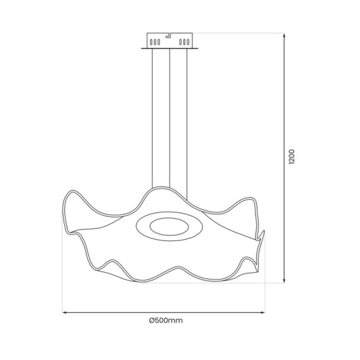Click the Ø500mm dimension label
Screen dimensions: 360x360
click(x=165, y=321)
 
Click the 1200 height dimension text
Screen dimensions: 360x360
click(x=293, y=158)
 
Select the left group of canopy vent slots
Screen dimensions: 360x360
click(x=154, y=43)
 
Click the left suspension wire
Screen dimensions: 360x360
click(x=152, y=118)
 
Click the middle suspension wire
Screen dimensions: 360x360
click(x=170, y=118)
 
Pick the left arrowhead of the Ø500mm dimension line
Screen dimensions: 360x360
click(x=65, y=312)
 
